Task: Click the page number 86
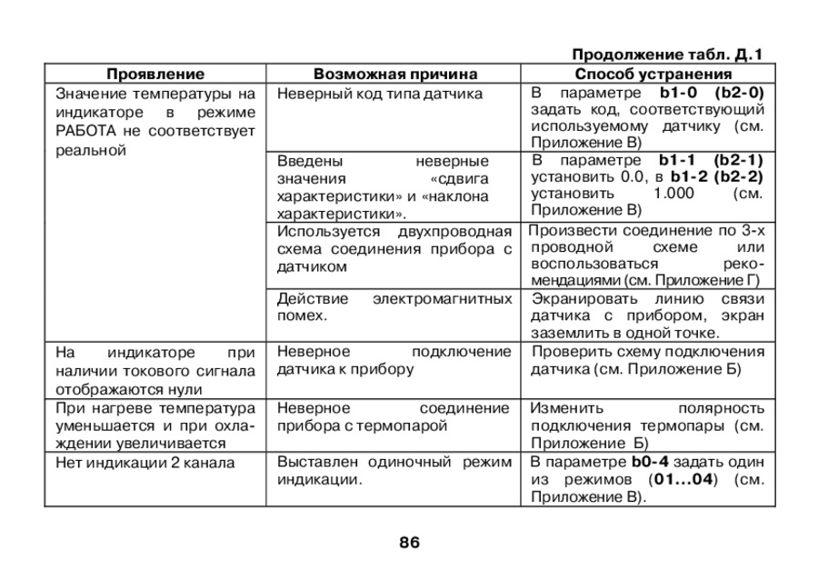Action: point(409,543)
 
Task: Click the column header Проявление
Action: point(155,74)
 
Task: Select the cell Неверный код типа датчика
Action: point(380,93)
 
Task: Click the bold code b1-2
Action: point(689,176)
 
